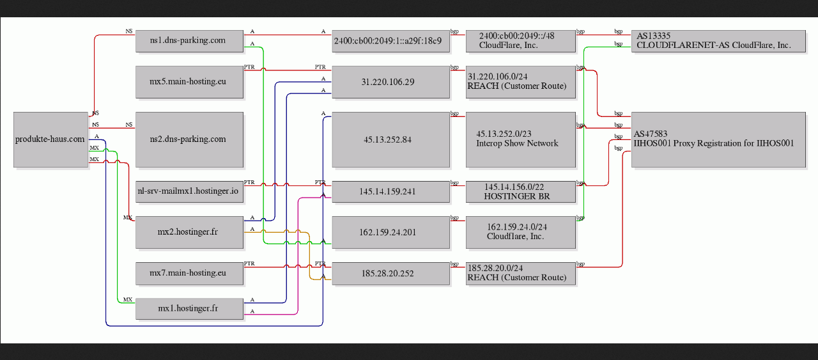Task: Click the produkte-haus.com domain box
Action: pyautogui.click(x=50, y=139)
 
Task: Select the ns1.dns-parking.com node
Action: pyautogui.click(x=189, y=41)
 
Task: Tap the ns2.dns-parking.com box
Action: pyautogui.click(x=189, y=139)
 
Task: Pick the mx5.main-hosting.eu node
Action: pyautogui.click(x=189, y=82)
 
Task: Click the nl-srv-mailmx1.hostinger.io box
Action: pyautogui.click(x=189, y=192)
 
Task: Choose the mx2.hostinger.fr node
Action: pyautogui.click(x=189, y=233)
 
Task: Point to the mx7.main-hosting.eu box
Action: pyautogui.click(x=189, y=274)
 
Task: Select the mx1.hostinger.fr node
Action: pyautogui.click(x=189, y=309)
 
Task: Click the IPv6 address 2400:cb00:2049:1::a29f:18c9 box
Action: pyautogui.click(x=390, y=41)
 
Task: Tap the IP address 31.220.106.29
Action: pyautogui.click(x=390, y=82)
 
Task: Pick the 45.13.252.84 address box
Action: pyautogui.click(x=390, y=139)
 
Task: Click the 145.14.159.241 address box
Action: pyautogui.click(x=390, y=192)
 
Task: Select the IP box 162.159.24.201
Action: pyautogui.click(x=390, y=233)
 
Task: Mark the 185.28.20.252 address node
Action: pyautogui.click(x=390, y=274)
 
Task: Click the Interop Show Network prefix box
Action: pyautogui.click(x=521, y=139)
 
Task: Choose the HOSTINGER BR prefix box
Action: pyautogui.click(x=521, y=192)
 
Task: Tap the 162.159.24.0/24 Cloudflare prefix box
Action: pyautogui.click(x=521, y=233)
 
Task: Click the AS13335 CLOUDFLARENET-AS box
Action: pyautogui.click(x=718, y=41)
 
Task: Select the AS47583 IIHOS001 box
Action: pyautogui.click(x=718, y=139)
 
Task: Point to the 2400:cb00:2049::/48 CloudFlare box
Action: pyautogui.click(x=521, y=41)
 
